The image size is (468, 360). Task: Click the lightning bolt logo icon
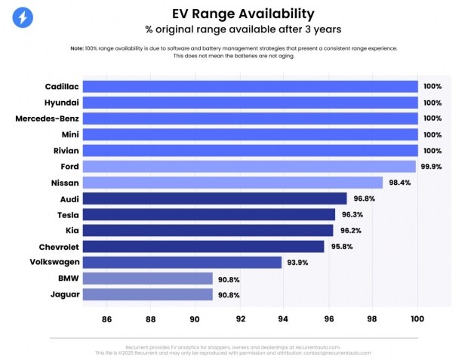coord(23,17)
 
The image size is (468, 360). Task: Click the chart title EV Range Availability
coord(233,14)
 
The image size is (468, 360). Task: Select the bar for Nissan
coord(232,183)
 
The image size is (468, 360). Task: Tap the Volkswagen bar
coord(182,263)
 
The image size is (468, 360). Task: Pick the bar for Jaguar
coord(148,294)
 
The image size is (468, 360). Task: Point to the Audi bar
coord(214,198)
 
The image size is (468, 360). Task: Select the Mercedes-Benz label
coord(47,118)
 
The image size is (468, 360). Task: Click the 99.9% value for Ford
coord(431,167)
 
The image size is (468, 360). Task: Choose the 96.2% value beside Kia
coord(348,231)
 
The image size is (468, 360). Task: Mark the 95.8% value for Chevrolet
coord(339,247)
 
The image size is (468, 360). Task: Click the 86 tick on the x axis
coord(106,318)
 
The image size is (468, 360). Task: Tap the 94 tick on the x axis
coord(284,318)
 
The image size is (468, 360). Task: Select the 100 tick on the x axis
coord(417,318)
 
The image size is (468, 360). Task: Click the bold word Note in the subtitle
coord(77,48)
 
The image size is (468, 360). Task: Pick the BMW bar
coord(148,278)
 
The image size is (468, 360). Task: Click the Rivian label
coord(63,150)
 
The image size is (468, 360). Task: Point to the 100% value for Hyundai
coord(433,103)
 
